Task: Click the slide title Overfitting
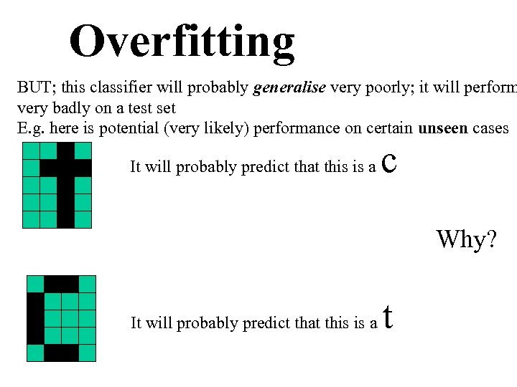[x=182, y=41]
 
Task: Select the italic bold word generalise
[x=289, y=89]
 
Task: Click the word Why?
[x=466, y=239]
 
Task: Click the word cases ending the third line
[x=491, y=129]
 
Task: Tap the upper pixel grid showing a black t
[x=57, y=184]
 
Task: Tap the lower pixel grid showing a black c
[x=61, y=317]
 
